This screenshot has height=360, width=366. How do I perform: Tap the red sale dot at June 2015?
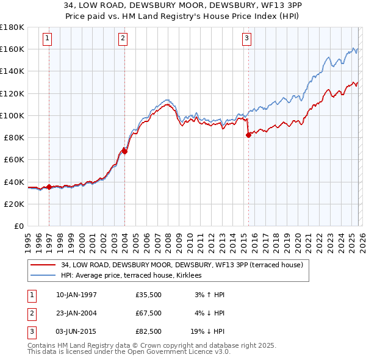(x=248, y=135)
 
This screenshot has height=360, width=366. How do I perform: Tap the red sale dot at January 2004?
(x=124, y=151)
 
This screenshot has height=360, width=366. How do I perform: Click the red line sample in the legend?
(x=43, y=265)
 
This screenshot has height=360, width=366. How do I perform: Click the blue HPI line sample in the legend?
(x=43, y=276)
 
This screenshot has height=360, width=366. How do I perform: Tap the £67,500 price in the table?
(x=149, y=313)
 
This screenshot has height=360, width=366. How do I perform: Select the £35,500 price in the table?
(x=149, y=295)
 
